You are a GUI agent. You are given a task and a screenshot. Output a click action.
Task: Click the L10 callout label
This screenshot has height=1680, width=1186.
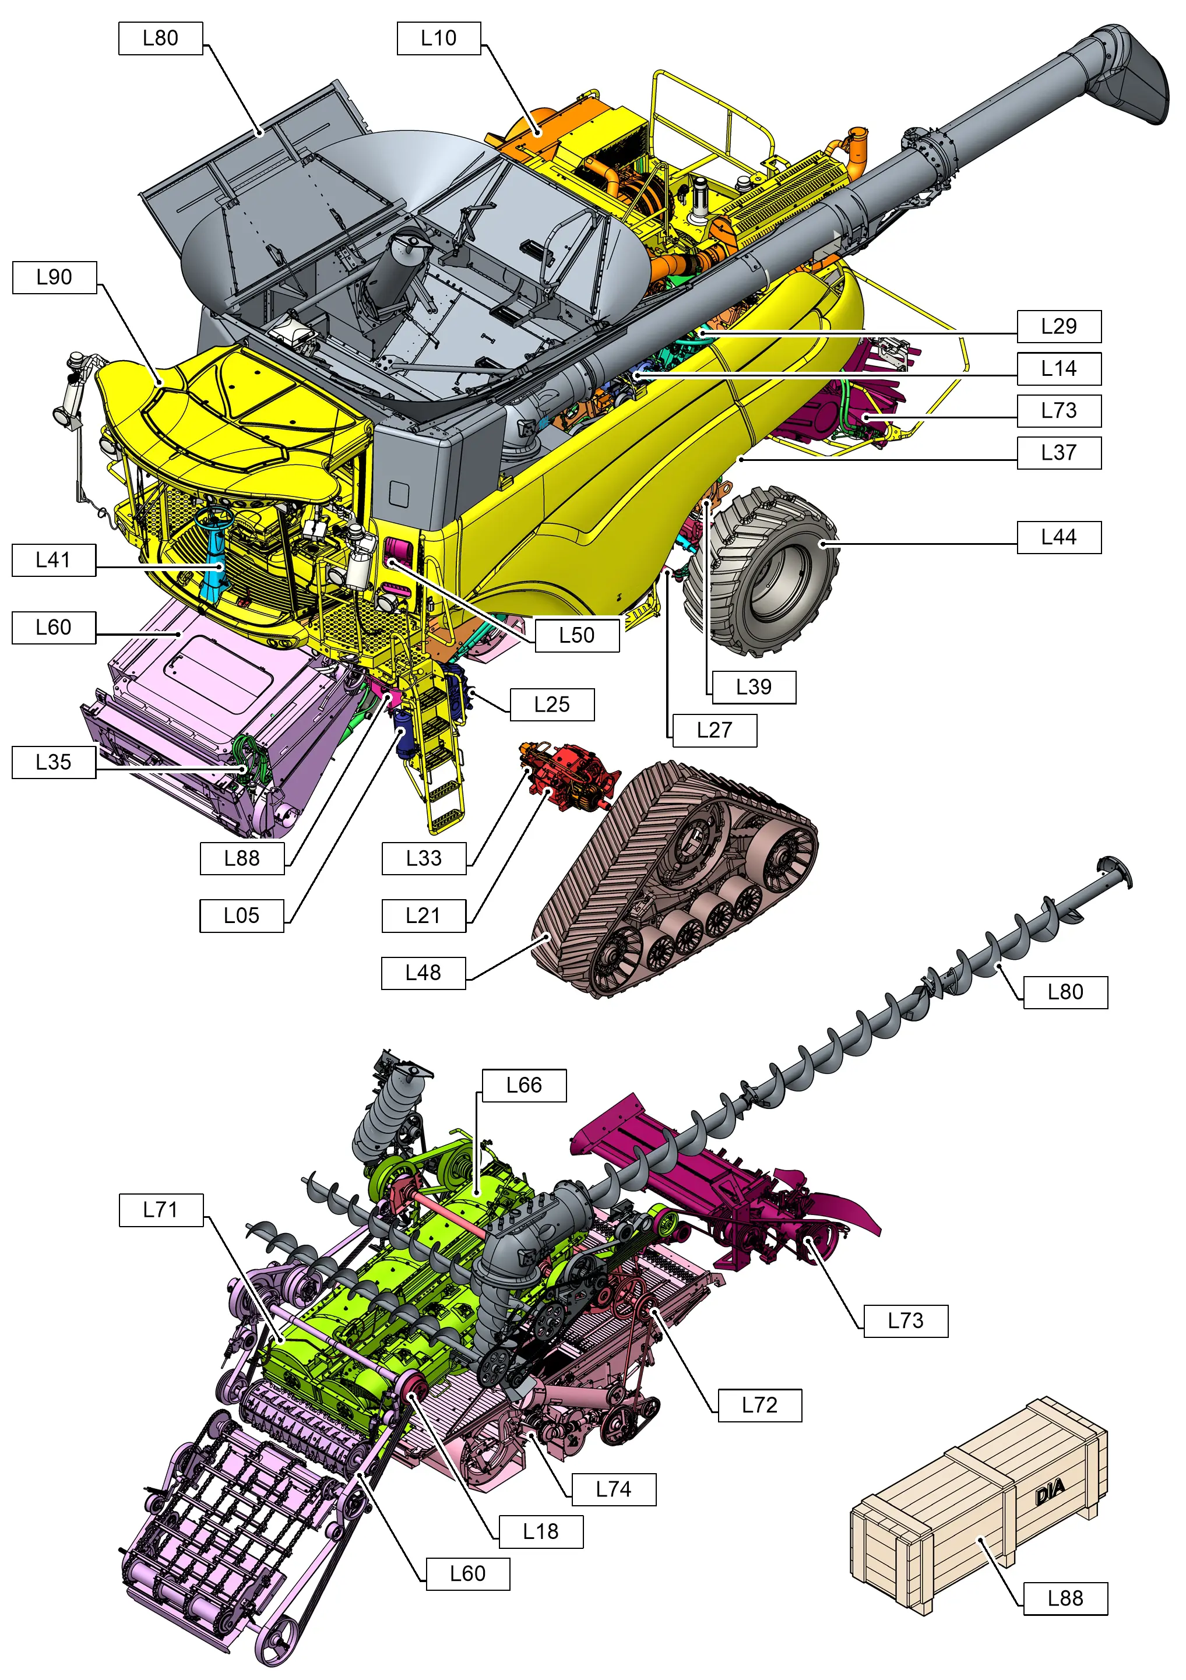point(438,38)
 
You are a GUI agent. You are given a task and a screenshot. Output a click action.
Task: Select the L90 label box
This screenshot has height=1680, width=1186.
point(54,277)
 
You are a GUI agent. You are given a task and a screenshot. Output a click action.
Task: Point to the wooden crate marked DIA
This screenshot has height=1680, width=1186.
point(980,1508)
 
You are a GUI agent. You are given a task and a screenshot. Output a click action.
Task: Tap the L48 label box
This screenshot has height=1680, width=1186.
point(423,973)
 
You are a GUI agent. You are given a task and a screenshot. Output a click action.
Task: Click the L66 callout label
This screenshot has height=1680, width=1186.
point(524,1085)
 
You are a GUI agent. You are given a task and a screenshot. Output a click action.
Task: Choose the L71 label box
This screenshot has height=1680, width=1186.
point(160,1210)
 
